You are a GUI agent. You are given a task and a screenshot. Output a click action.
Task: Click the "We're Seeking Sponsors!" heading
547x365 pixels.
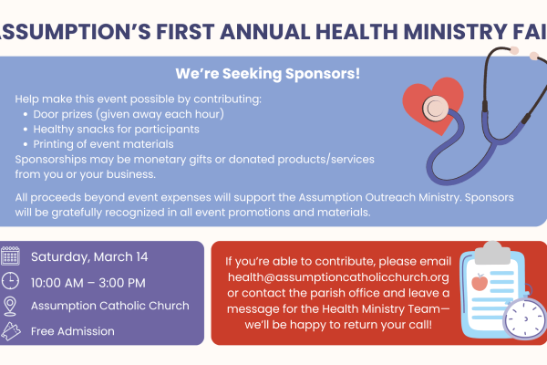pos(267,72)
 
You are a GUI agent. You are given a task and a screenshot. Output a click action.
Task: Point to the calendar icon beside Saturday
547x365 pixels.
pos(11,255)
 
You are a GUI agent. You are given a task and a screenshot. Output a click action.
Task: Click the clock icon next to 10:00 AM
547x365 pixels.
pos(11,281)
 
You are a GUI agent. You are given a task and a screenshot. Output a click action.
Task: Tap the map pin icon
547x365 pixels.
pos(11,306)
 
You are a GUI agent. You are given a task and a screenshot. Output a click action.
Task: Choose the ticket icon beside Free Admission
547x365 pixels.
pos(11,330)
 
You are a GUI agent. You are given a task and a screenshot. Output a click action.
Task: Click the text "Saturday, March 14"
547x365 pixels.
pos(88,256)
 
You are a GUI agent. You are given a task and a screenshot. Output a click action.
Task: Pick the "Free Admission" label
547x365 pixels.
pos(73,330)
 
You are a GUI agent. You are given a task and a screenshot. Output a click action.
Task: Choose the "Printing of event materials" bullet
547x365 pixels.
pos(103,144)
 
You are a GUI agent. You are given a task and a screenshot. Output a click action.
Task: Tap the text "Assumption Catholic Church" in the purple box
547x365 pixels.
pos(110,306)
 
